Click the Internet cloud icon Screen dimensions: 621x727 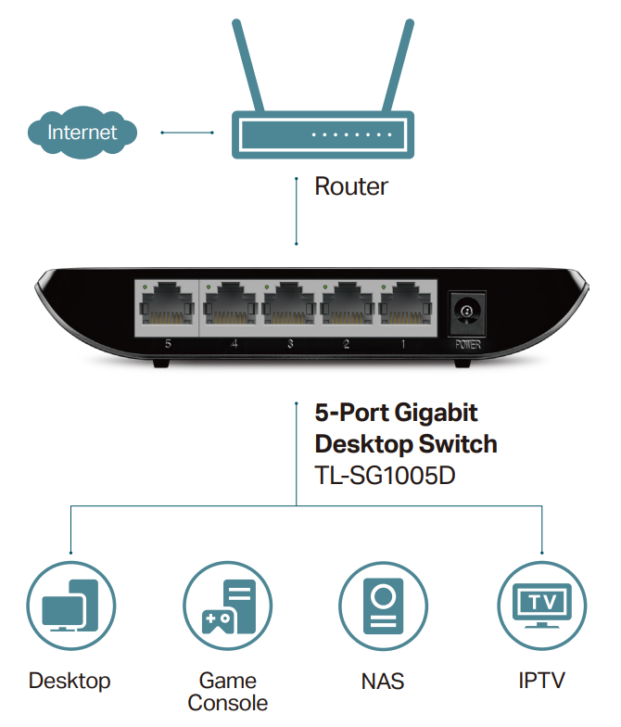82,132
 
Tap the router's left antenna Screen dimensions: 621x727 248,65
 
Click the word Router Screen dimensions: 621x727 351,186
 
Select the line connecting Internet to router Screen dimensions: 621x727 187,133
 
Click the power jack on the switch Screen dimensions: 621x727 467,312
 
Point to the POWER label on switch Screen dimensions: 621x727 467,345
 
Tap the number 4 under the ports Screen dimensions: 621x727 234,344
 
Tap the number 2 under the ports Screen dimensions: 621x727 347,344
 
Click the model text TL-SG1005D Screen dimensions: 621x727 386,475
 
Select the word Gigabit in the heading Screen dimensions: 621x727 437,414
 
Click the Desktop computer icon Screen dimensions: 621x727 70,606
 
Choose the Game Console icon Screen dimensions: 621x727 228,606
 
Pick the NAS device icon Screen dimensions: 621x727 384,606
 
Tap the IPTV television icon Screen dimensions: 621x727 541,606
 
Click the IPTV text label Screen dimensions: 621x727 541,681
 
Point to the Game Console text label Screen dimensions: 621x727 228,692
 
